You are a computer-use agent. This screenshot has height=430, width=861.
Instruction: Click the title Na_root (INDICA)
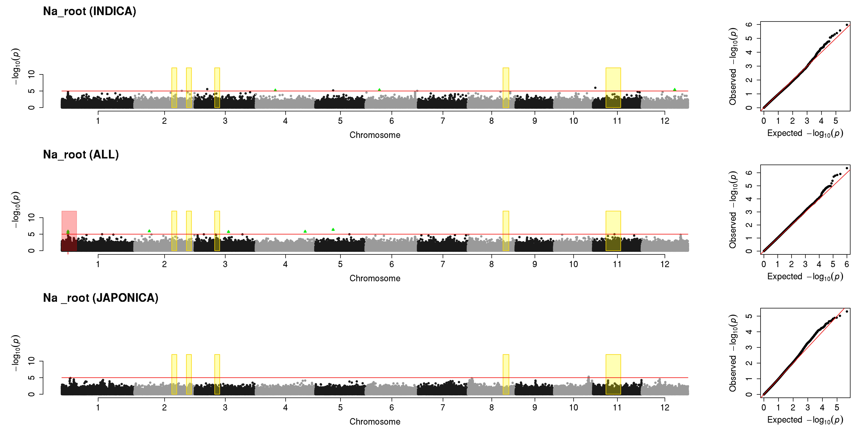pyautogui.click(x=90, y=11)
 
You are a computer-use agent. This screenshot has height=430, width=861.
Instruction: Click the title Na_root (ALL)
pyautogui.click(x=81, y=155)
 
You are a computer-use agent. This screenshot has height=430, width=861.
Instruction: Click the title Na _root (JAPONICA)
pyautogui.click(x=101, y=298)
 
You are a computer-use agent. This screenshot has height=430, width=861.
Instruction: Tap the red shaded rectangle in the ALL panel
pyautogui.click(x=69, y=231)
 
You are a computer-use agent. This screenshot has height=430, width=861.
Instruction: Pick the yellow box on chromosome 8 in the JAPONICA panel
pyautogui.click(x=506, y=374)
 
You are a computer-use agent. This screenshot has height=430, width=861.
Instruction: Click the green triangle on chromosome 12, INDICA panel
pyautogui.click(x=674, y=89)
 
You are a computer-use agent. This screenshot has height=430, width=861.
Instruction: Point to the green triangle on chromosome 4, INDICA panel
pyautogui.click(x=275, y=90)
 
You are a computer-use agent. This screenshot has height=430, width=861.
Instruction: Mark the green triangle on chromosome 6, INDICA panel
pyautogui.click(x=379, y=89)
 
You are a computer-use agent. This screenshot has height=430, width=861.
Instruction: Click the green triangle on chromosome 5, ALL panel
pyautogui.click(x=333, y=229)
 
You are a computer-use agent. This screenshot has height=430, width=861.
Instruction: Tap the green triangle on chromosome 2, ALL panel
pyautogui.click(x=149, y=231)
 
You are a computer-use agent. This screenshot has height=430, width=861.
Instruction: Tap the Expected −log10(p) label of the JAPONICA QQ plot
pyautogui.click(x=805, y=420)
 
